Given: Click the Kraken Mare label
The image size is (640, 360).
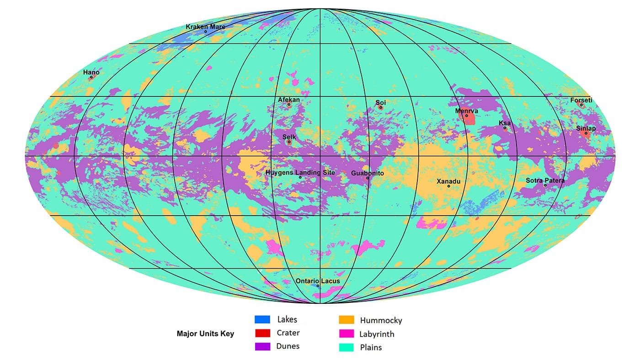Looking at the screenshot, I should tap(205, 26).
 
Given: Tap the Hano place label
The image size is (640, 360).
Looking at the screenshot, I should tap(91, 72).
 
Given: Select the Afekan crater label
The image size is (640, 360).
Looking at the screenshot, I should tap(289, 100).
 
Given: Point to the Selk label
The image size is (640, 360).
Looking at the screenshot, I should tap(289, 137).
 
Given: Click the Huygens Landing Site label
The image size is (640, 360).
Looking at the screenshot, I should tap(300, 173).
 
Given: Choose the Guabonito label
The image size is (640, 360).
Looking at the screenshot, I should tap(368, 173).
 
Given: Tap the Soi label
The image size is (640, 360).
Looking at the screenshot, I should tap(381, 103).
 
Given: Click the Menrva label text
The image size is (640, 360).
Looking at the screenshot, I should tap(467, 111).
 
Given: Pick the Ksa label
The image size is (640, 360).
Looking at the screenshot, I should tap(505, 123).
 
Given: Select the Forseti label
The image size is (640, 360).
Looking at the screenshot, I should tap(581, 100).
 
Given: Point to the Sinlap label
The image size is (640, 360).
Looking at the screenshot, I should tap(586, 128).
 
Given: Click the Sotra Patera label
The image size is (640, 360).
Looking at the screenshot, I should tap(545, 180).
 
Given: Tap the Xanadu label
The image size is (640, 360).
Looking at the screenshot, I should tap(448, 181).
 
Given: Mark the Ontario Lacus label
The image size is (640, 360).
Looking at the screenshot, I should tap(318, 281).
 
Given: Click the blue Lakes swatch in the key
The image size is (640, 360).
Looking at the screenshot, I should tap(263, 319).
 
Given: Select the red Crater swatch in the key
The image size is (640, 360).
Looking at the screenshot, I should tap(263, 333).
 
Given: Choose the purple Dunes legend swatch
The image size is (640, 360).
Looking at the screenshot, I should tap(263, 346).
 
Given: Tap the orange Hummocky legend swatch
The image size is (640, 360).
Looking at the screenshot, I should tap(347, 320).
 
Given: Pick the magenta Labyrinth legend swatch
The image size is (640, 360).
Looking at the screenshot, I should tap(347, 334).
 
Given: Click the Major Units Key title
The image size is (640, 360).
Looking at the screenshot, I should tap(205, 334).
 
